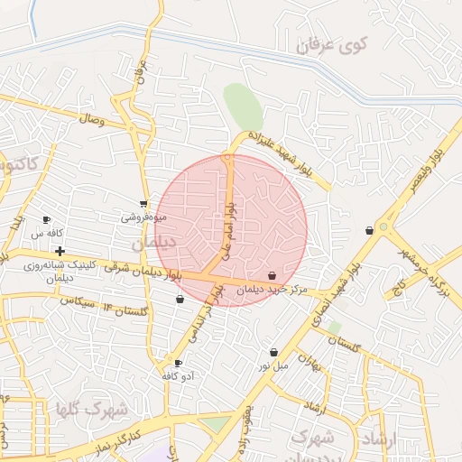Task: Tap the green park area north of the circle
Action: (242, 107)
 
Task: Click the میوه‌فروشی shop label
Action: (143, 217)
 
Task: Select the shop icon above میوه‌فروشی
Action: (143, 204)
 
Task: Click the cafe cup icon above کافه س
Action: (47, 219)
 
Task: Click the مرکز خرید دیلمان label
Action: (274, 289)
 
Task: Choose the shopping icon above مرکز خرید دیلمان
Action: (273, 275)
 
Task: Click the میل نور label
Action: (273, 365)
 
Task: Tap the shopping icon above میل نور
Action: (273, 353)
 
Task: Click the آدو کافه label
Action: (179, 375)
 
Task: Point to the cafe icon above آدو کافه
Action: (178, 363)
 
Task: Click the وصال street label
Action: (92, 118)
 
